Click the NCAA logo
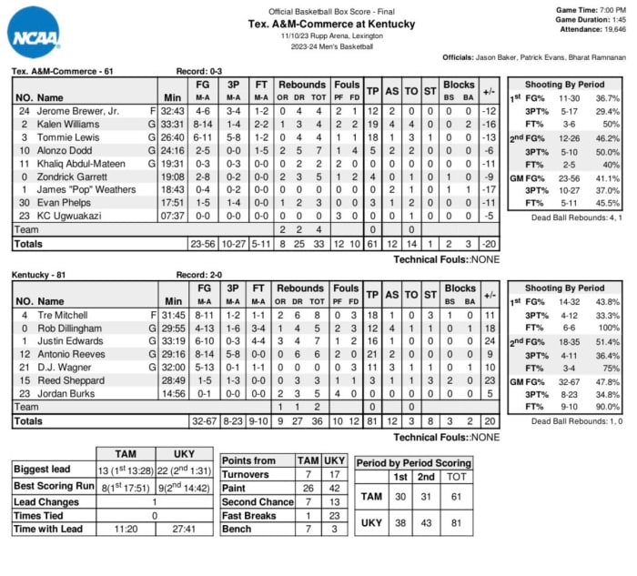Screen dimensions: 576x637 point(35,33)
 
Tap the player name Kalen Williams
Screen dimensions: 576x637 point(67,123)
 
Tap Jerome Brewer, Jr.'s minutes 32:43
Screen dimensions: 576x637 point(173,110)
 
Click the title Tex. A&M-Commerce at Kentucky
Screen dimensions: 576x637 point(318,24)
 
